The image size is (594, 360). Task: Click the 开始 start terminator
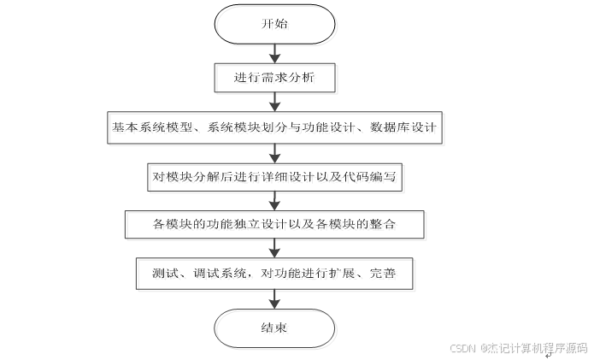[273, 24]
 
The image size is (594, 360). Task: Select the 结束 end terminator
[273, 328]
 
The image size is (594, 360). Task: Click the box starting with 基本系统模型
[273, 127]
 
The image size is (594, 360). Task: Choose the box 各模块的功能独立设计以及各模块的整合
[273, 224]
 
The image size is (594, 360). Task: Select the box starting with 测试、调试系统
[273, 274]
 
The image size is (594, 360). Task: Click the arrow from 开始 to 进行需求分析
[273, 53]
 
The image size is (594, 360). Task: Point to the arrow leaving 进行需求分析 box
[273, 102]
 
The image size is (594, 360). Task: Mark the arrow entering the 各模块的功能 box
[273, 201]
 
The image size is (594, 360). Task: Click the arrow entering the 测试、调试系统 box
[273, 249]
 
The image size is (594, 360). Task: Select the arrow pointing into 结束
[273, 298]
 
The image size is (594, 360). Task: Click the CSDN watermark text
[518, 348]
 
